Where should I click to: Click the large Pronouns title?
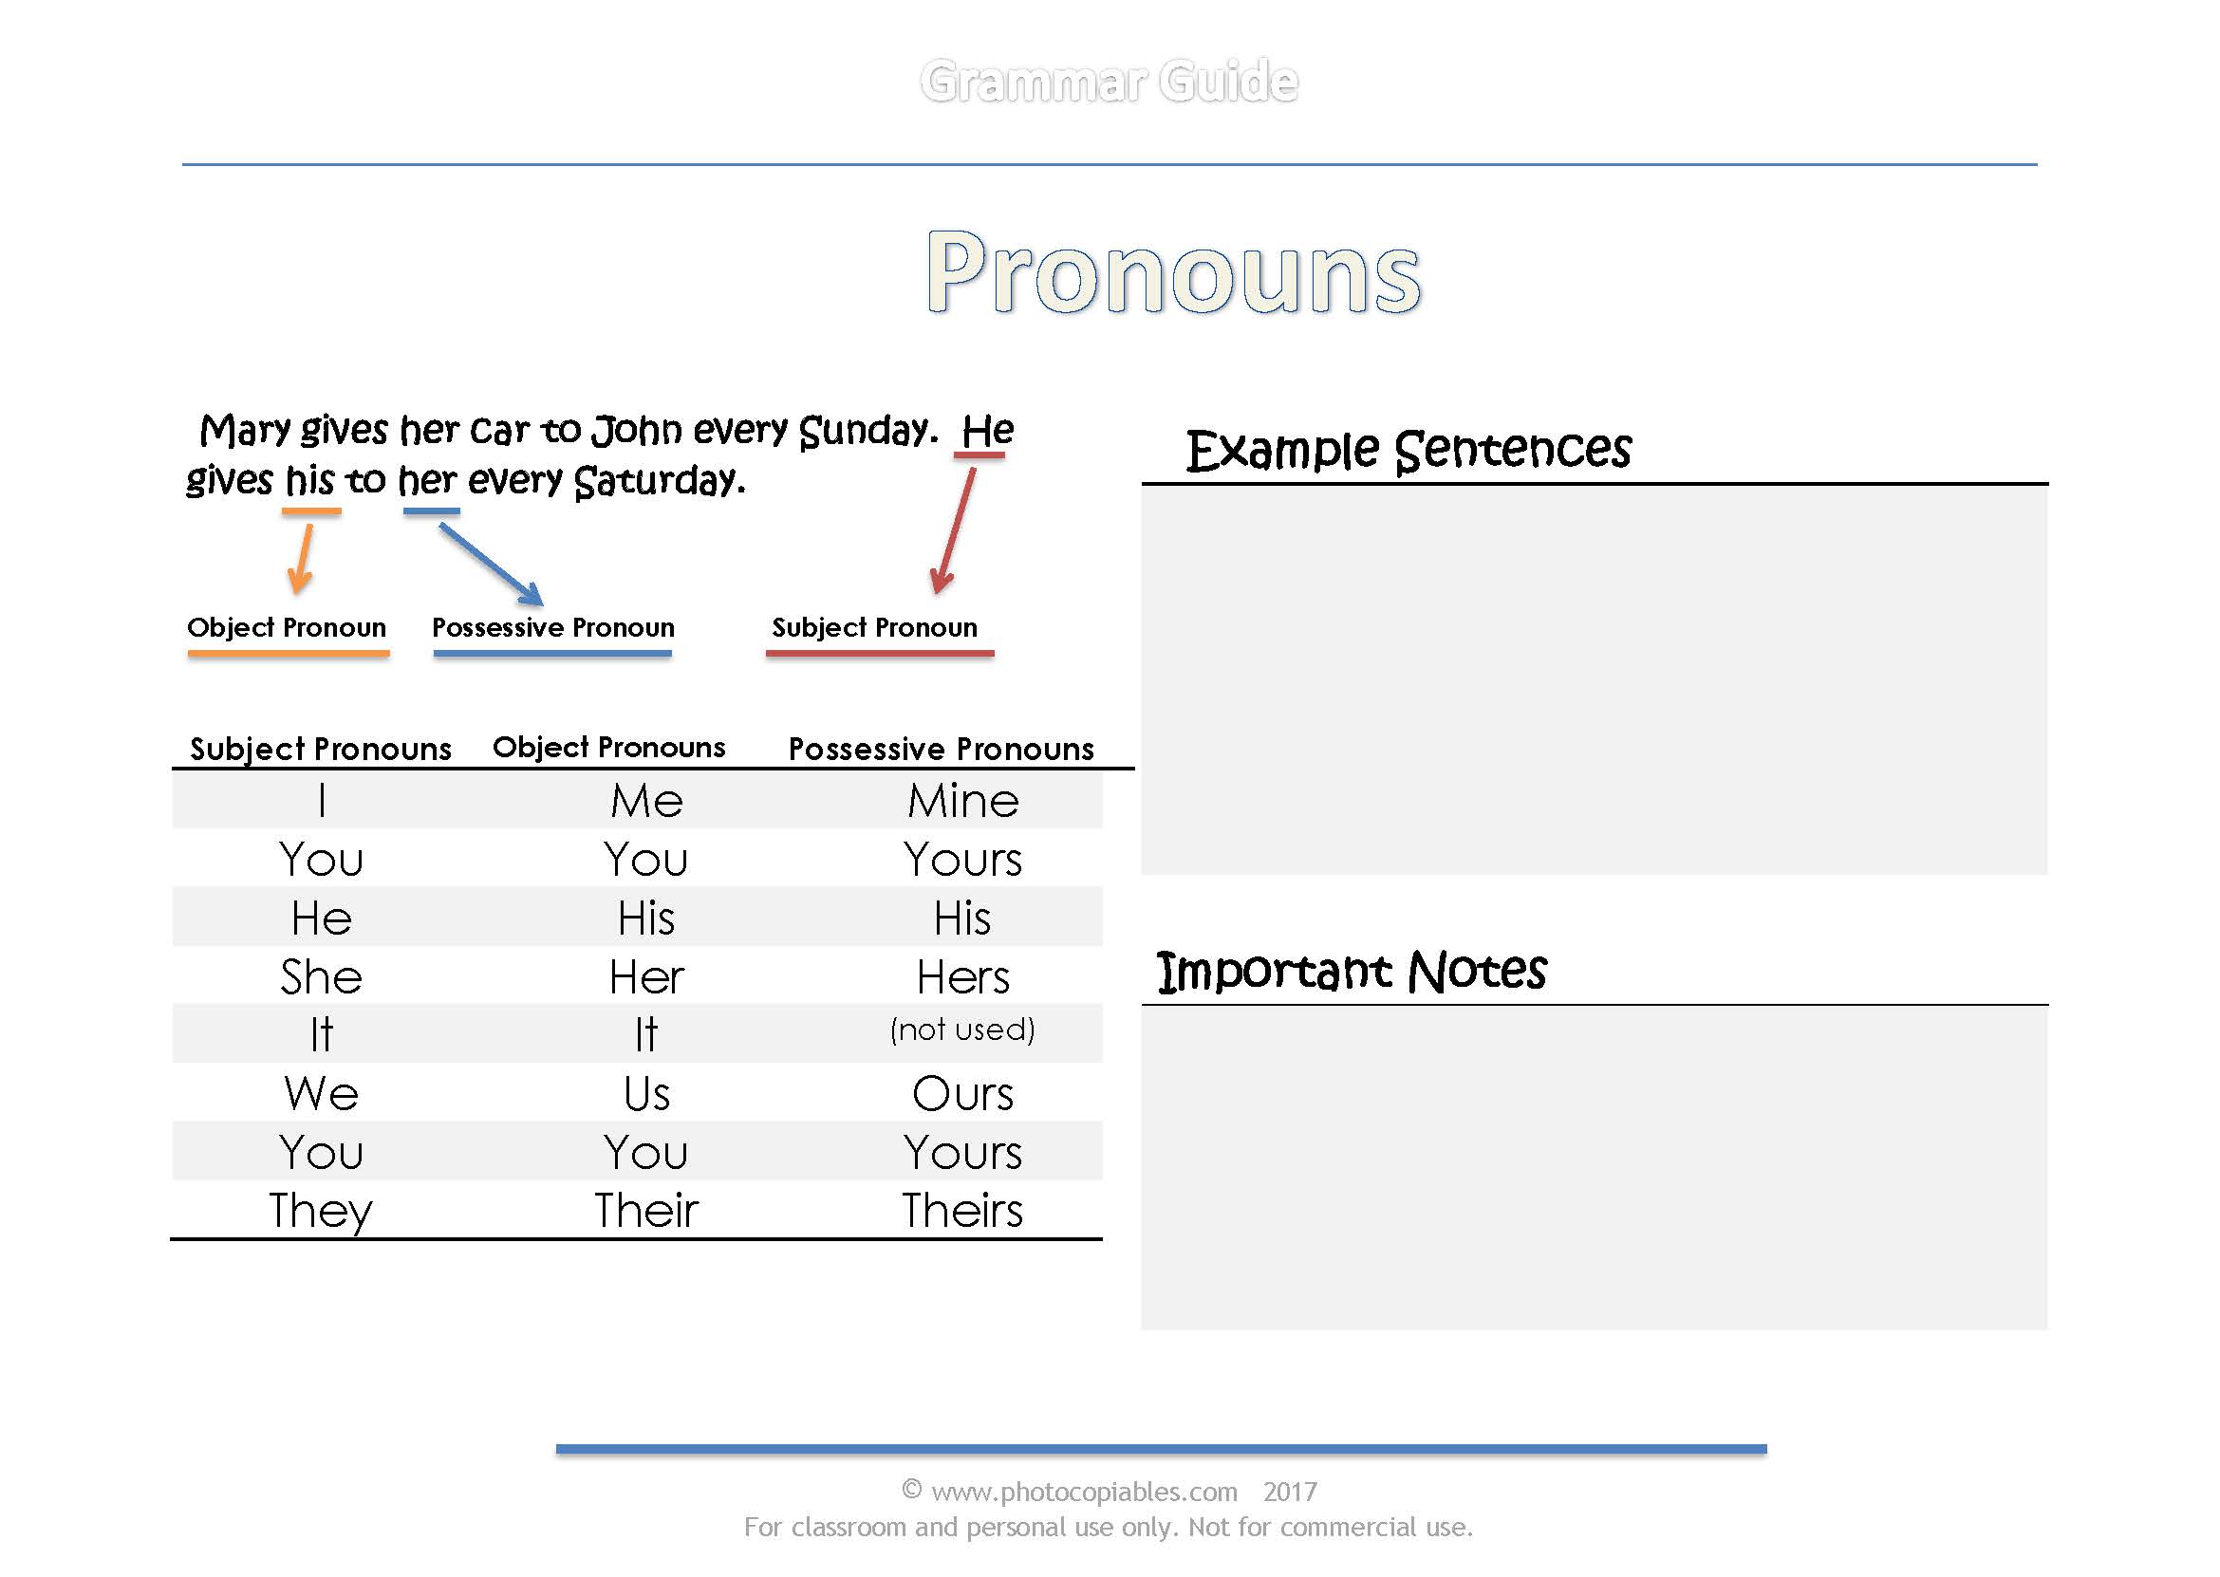pos(1173,273)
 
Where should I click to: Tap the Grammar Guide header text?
pos(1108,82)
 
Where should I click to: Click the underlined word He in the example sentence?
pos(987,431)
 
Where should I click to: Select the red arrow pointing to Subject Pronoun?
pos(954,531)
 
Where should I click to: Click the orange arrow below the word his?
pos(303,558)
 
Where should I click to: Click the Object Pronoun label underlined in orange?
pos(287,628)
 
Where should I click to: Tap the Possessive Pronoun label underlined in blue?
pos(552,628)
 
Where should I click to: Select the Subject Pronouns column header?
pos(321,749)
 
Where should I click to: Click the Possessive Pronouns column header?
pos(940,749)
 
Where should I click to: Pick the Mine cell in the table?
pos(962,801)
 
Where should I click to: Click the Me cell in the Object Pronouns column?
pos(645,801)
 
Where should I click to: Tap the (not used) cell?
pos(961,1030)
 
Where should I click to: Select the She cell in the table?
pos(321,977)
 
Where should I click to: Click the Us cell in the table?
pos(645,1094)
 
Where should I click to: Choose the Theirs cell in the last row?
pos(961,1211)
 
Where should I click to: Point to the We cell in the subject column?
pos(321,1094)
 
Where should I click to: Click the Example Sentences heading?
pos(1408,451)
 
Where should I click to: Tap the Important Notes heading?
pos(1351,972)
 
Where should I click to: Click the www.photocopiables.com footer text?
pos(1084,1492)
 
